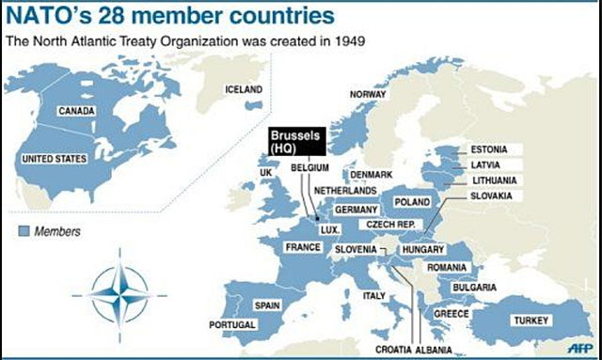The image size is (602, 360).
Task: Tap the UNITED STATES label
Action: click(x=55, y=159)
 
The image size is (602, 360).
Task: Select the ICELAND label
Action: click(x=244, y=89)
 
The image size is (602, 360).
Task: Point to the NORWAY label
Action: click(x=368, y=94)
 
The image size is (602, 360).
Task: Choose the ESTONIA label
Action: click(x=489, y=149)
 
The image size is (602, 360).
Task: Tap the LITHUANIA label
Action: click(x=494, y=180)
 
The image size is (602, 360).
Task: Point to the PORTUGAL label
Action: click(x=230, y=324)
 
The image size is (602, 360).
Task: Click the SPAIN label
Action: click(x=266, y=305)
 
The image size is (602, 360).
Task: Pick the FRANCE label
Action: click(x=304, y=246)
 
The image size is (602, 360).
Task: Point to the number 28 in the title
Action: click(x=101, y=16)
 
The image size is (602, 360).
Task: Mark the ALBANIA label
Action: click(x=432, y=349)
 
